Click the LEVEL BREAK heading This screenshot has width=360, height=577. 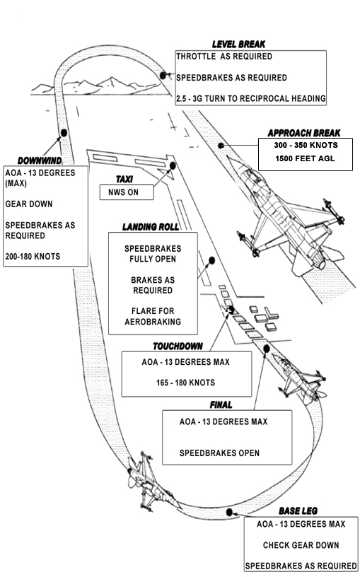(x=238, y=45)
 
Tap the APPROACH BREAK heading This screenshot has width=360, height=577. (x=304, y=133)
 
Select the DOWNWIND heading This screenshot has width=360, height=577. (x=40, y=161)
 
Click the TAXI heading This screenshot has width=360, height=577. (x=124, y=179)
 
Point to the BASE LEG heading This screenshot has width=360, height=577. (x=298, y=511)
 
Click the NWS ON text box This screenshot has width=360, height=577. (x=127, y=192)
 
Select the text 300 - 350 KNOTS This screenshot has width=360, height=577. (x=306, y=145)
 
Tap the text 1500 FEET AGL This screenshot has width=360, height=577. (x=305, y=158)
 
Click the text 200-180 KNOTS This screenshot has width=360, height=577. (x=33, y=257)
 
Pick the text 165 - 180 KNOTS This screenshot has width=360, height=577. (x=185, y=383)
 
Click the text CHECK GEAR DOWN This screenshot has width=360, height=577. (x=301, y=545)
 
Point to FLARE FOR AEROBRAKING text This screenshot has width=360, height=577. (x=153, y=317)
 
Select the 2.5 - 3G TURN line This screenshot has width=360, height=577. (x=250, y=98)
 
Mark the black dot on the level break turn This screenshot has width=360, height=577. (x=163, y=76)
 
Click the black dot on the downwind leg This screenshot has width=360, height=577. (x=64, y=132)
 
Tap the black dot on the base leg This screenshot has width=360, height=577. (x=229, y=512)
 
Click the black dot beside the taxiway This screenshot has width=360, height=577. (x=173, y=165)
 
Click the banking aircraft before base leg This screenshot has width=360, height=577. (x=151, y=482)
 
